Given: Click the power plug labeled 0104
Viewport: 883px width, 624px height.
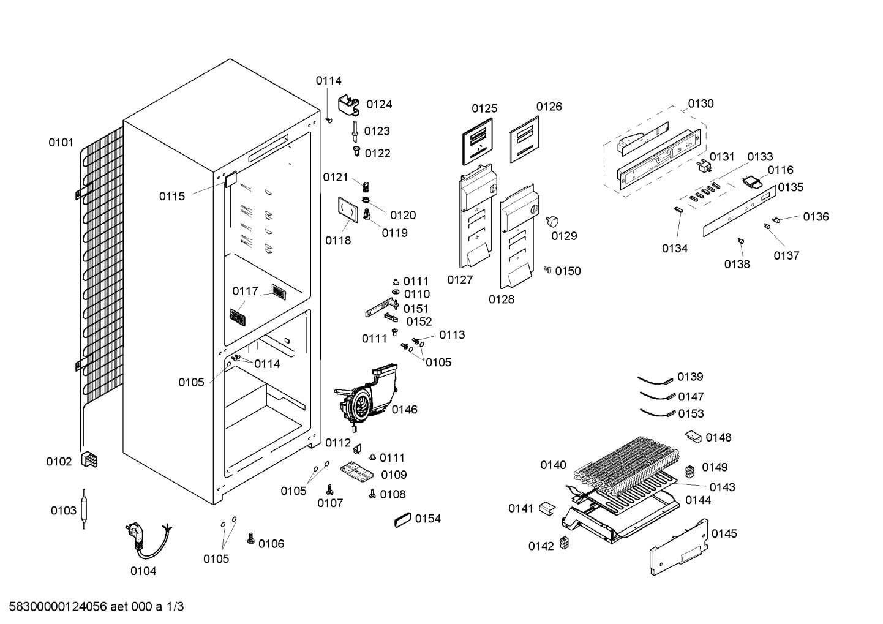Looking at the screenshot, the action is point(148,541).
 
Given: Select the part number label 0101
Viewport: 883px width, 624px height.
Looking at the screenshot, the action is point(61,142).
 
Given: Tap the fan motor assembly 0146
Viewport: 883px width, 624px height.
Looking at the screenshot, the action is point(366,397).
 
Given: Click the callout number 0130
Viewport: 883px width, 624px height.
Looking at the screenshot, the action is point(701,103).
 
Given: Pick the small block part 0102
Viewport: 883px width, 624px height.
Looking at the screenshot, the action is point(89,460).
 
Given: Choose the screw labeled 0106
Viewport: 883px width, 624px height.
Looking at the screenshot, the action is point(250,538).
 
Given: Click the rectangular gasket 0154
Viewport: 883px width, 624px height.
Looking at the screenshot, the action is point(402,520).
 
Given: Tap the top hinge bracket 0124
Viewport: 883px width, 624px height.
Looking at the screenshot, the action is point(349,105).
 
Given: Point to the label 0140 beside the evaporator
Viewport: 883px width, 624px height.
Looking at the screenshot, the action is point(553,465).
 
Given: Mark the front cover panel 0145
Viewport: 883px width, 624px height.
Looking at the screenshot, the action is point(678,547).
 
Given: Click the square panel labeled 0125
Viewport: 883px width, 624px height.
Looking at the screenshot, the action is point(478,141).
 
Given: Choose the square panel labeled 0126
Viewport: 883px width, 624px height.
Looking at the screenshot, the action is point(525,139).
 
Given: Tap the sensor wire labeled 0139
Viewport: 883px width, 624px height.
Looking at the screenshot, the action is point(655,380).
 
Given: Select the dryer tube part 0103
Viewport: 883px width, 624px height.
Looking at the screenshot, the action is point(84,509).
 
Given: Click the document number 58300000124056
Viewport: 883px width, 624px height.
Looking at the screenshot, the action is point(58,606).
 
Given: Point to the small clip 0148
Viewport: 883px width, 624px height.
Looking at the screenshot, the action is point(693,437).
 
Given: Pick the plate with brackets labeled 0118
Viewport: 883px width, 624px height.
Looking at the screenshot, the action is point(348,210).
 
